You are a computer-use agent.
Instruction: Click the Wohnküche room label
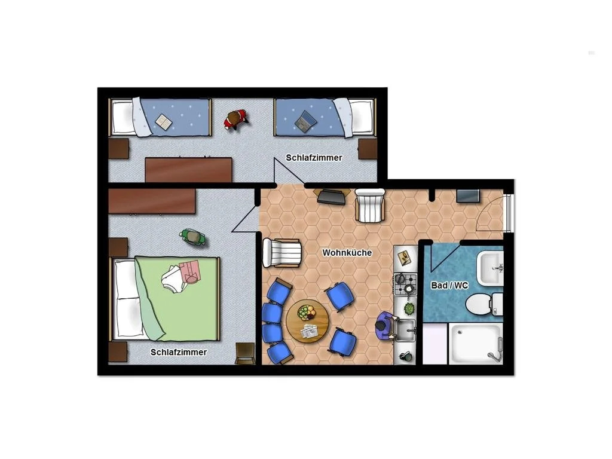347,253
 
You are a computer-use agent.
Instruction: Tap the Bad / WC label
449,285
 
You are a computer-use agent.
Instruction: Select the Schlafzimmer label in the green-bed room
179,352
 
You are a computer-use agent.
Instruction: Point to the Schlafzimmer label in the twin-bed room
314,158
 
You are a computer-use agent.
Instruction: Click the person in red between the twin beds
235,120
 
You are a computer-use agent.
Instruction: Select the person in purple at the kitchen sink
386,325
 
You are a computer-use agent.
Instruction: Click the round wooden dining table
308,321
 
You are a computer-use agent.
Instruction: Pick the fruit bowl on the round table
306,312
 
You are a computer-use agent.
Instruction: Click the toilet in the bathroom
483,303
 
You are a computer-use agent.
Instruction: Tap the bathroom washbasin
491,268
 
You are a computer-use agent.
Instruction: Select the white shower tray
476,344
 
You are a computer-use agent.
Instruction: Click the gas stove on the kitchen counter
405,284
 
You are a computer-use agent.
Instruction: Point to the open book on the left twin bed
164,122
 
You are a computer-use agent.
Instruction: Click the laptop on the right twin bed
305,122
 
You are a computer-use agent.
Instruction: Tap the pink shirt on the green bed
191,271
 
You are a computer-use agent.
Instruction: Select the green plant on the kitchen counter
409,309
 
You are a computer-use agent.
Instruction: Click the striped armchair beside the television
369,205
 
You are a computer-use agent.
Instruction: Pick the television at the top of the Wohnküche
332,197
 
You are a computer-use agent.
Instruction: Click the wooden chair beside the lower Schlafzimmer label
245,353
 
